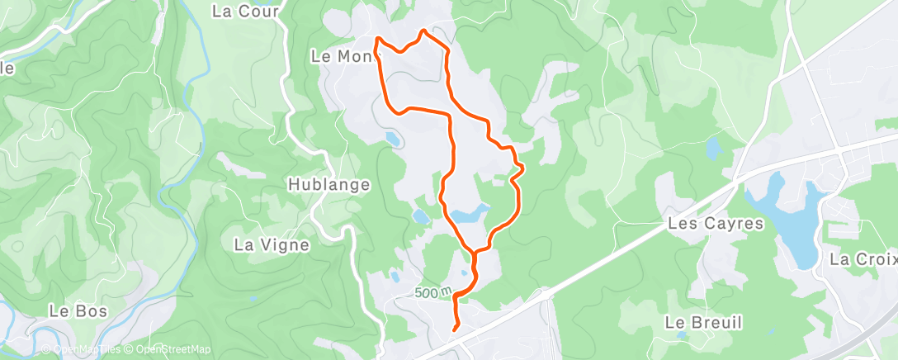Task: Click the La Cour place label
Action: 246,11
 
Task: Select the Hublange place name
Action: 328,184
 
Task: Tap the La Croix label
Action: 863,259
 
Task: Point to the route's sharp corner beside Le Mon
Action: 378,39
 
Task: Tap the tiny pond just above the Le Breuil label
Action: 681,335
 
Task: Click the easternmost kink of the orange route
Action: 523,168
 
